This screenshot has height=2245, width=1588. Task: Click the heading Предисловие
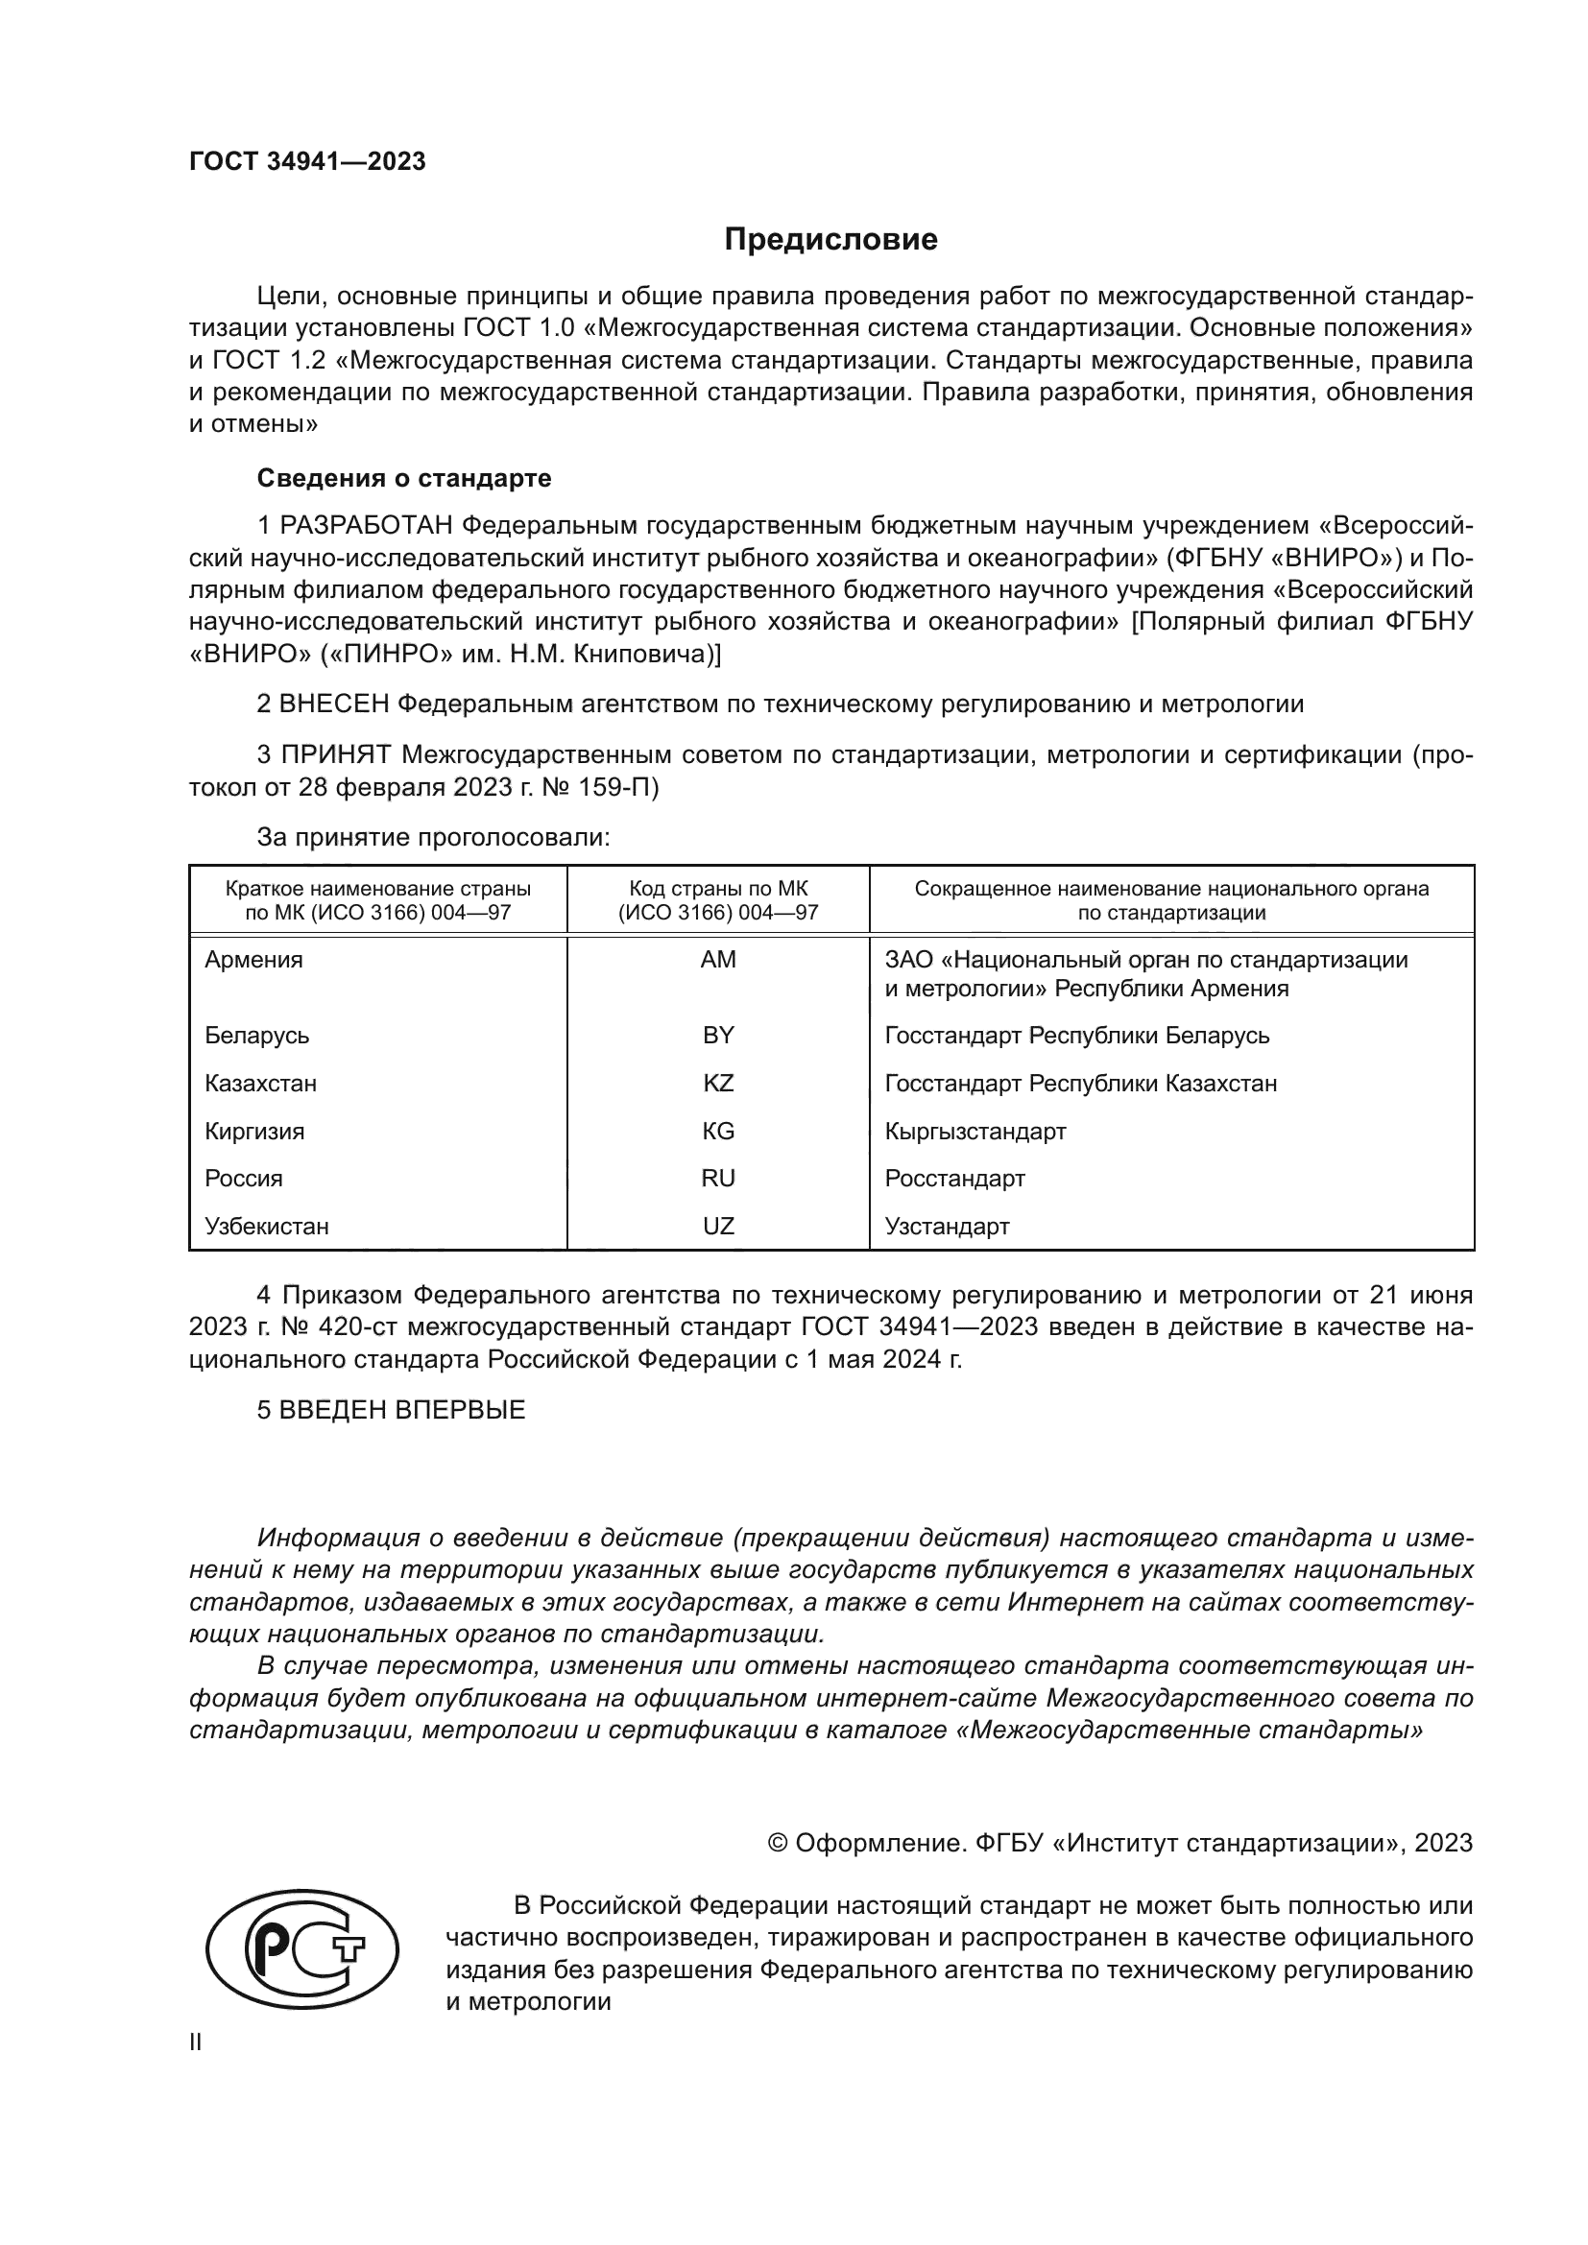coord(830,240)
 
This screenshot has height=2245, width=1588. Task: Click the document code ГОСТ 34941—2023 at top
coord(307,162)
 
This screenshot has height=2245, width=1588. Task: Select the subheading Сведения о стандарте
coord(404,478)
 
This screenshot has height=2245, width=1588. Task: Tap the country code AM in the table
coord(718,960)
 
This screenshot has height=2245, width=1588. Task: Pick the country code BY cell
coord(718,1036)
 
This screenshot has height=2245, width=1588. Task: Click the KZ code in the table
coord(718,1084)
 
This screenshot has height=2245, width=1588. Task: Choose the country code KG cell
coord(718,1132)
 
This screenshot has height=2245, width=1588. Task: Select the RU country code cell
coord(718,1179)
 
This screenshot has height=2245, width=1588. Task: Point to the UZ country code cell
coord(718,1226)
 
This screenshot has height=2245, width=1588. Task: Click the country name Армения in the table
coord(254,960)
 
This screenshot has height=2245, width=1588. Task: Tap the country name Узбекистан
coord(267,1226)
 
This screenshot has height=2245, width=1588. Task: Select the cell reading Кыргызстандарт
coord(974,1132)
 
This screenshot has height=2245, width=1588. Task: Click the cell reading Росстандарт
coord(954,1179)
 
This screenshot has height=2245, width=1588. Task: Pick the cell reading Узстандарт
coord(947,1226)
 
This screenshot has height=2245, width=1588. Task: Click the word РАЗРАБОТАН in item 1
coord(366,526)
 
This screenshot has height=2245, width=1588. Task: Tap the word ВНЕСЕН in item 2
coord(335,704)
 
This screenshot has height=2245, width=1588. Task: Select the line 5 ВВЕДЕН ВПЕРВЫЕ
coord(391,1410)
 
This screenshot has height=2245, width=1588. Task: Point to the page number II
coord(196,2042)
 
